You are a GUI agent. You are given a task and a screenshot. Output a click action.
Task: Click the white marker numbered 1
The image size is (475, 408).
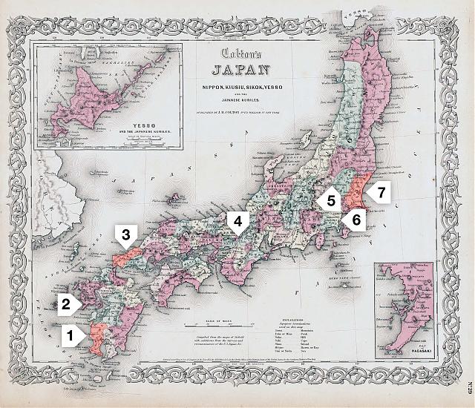click(x=71, y=335)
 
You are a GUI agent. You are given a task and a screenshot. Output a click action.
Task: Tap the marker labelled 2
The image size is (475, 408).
click(x=65, y=303)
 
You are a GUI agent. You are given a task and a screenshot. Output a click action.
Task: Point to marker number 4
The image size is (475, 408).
click(x=237, y=220)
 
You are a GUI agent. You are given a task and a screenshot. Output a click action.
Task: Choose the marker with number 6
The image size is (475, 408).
click(x=356, y=220)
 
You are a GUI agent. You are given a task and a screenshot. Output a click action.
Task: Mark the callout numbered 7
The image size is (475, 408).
click(x=381, y=193)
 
